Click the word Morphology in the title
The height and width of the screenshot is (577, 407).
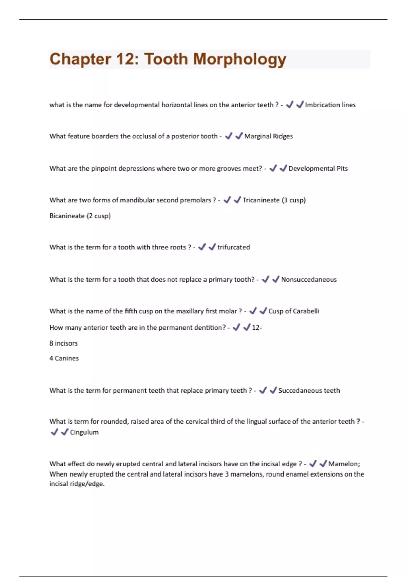point(239,60)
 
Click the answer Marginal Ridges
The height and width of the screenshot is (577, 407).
point(268,136)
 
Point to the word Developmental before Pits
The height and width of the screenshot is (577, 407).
point(311,169)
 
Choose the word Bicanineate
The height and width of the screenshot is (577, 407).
point(67,216)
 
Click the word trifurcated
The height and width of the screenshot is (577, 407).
point(233,247)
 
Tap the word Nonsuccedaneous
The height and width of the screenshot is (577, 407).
point(309,280)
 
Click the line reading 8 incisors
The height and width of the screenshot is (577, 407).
point(63,343)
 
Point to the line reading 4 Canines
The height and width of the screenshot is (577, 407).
point(64,358)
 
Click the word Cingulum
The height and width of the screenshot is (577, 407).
point(84,432)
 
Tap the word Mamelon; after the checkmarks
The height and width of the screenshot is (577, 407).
point(344,464)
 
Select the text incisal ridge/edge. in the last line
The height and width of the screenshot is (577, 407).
point(77,484)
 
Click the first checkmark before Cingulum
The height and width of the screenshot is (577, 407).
point(54,432)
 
